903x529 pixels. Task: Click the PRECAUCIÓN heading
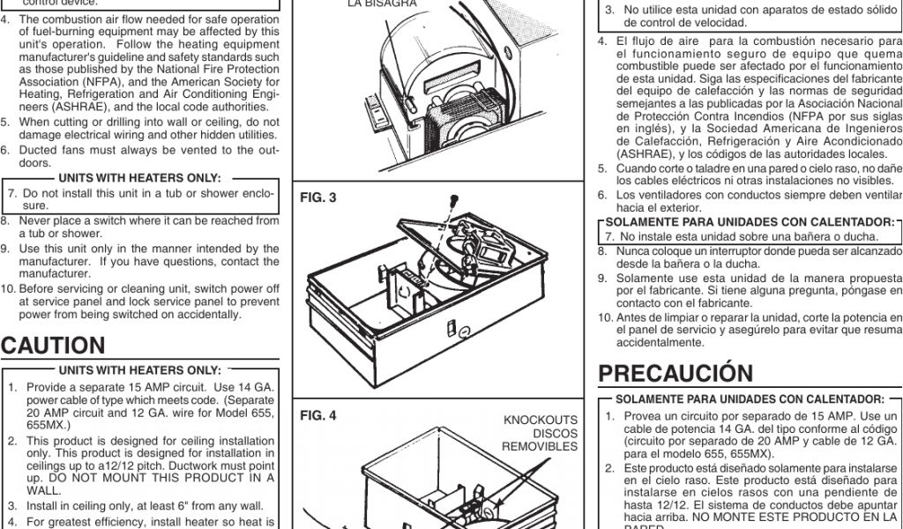tap(675, 374)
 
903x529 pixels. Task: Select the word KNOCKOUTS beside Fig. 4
tap(541, 420)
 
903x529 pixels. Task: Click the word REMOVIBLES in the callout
tap(540, 446)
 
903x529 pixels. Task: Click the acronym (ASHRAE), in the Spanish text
tap(628, 153)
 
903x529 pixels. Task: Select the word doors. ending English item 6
tap(34, 163)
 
